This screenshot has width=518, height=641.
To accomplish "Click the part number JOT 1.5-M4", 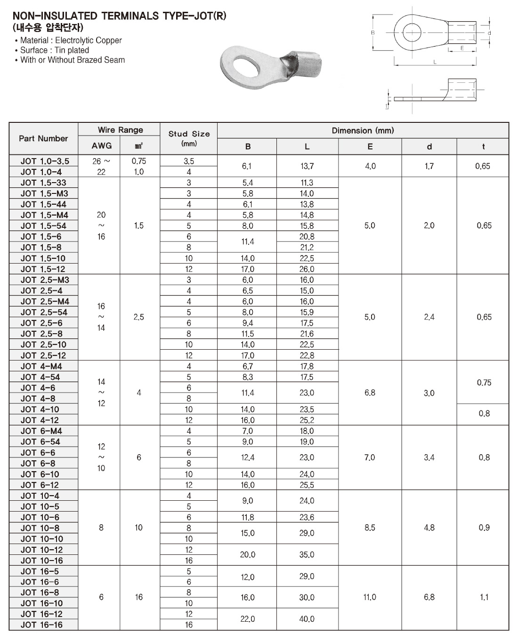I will coord(44,215).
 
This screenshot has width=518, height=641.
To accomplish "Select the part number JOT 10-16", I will coord(42,561).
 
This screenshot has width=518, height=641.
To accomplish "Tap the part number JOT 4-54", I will coord(40,377).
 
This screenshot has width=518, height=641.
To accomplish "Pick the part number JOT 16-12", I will coord(42,614).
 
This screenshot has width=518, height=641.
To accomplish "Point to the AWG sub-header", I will coord(102,146).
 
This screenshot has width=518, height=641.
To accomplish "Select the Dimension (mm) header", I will coord(363,130).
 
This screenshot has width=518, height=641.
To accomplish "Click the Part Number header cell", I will coord(43,138).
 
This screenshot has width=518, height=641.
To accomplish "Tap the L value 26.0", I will coord(307,269).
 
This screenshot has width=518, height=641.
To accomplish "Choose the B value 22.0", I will coord(248,619).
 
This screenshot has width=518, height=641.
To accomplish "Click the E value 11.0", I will coord(370,597).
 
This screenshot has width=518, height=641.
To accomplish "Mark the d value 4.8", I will coord(429,528).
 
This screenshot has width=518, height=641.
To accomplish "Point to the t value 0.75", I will coord(484,383).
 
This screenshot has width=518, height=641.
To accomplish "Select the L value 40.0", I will coord(307,619).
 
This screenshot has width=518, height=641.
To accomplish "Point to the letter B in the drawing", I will coord(373,32).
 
